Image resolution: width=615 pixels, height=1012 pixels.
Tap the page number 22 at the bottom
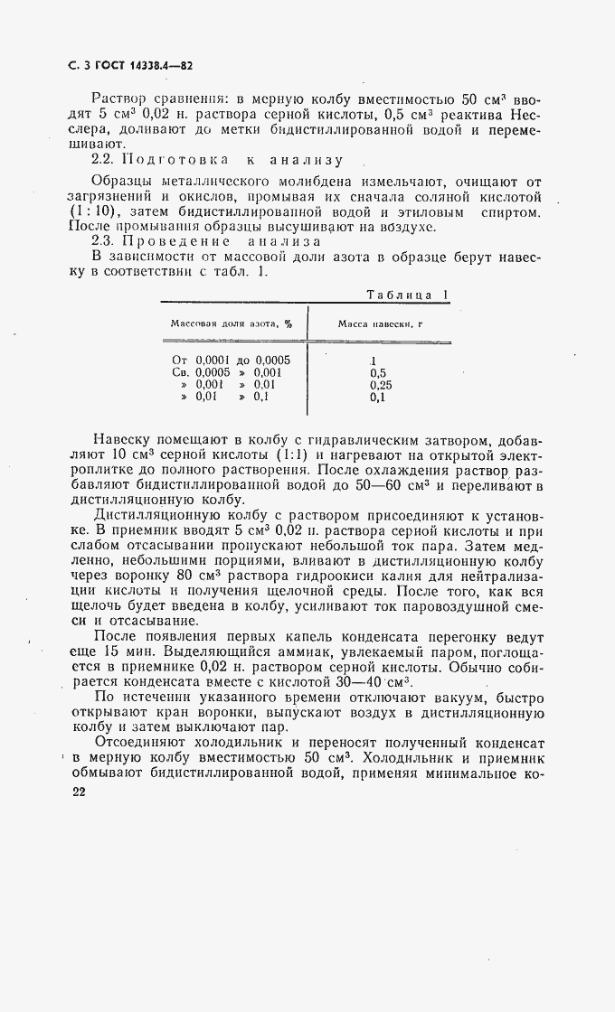tap(77, 791)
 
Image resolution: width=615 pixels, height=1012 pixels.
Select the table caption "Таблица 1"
tap(409, 294)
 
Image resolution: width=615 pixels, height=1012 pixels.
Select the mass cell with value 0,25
tap(381, 384)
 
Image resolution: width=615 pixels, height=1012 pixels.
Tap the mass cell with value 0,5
tap(378, 371)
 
